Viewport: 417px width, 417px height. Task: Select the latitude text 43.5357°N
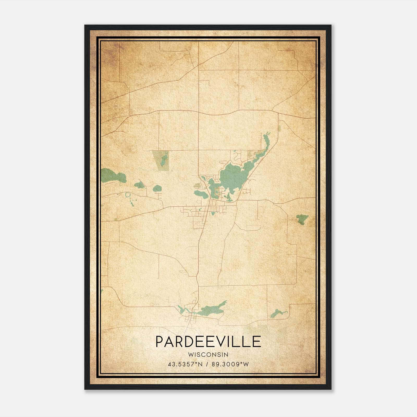[x=185, y=364]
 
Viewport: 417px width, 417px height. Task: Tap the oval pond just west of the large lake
[x=201, y=194]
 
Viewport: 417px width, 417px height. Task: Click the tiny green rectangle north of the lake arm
[x=279, y=128]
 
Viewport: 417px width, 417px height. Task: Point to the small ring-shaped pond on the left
[x=128, y=194]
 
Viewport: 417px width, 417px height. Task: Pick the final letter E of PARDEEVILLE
[x=257, y=342]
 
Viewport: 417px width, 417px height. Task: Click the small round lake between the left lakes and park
[x=157, y=188]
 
